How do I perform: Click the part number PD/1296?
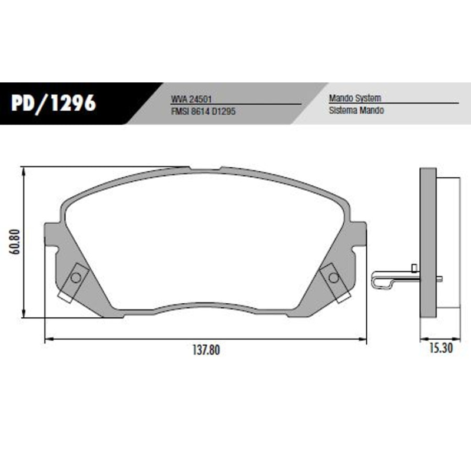pyautogui.click(x=53, y=102)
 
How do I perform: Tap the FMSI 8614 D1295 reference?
pyautogui.click(x=203, y=110)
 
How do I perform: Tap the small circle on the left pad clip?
pyautogui.click(x=75, y=277)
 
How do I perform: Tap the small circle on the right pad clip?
pyautogui.click(x=333, y=277)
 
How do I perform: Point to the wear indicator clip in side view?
pyautogui.click(x=389, y=278)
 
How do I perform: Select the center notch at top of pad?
pyautogui.click(x=205, y=168)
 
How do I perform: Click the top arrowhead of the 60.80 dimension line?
pyautogui.click(x=24, y=170)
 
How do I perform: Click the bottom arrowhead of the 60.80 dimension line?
pyautogui.click(x=24, y=315)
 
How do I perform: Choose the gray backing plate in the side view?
pyautogui.click(x=428, y=247)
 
